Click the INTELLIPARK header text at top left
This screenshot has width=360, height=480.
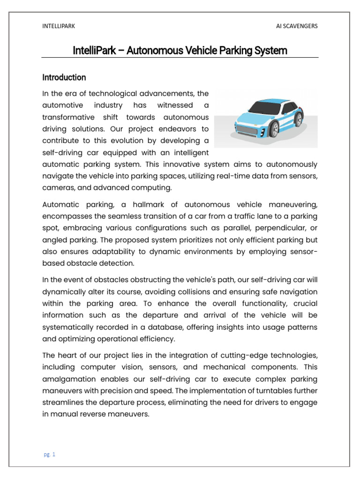[59, 26]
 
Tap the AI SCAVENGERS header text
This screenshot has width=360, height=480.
[297, 26]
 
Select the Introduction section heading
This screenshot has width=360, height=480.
[64, 77]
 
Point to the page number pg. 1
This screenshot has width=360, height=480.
[49, 454]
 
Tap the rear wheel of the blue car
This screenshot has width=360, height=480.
[298, 119]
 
